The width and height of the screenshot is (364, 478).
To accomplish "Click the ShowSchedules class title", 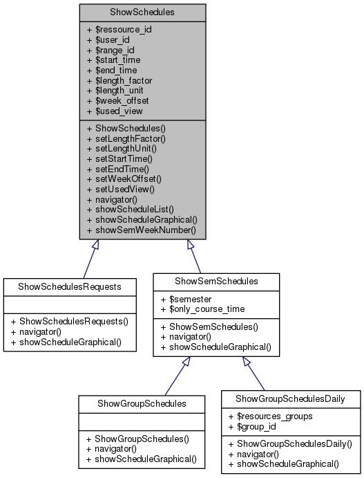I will pos(142,12).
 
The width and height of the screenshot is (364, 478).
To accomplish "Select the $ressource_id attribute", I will pos(119,29).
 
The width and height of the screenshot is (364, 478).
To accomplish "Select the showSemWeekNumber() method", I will pos(141,229).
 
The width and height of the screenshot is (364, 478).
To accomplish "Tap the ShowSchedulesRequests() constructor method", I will pos(73,321).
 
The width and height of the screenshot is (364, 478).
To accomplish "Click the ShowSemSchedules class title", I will pos(215,281).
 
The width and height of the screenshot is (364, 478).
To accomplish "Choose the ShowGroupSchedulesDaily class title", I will pos(290,398).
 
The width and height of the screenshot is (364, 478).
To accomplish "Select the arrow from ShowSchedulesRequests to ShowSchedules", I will pos(89,259).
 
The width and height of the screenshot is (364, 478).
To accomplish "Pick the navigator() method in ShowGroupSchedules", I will pos(113,448).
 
